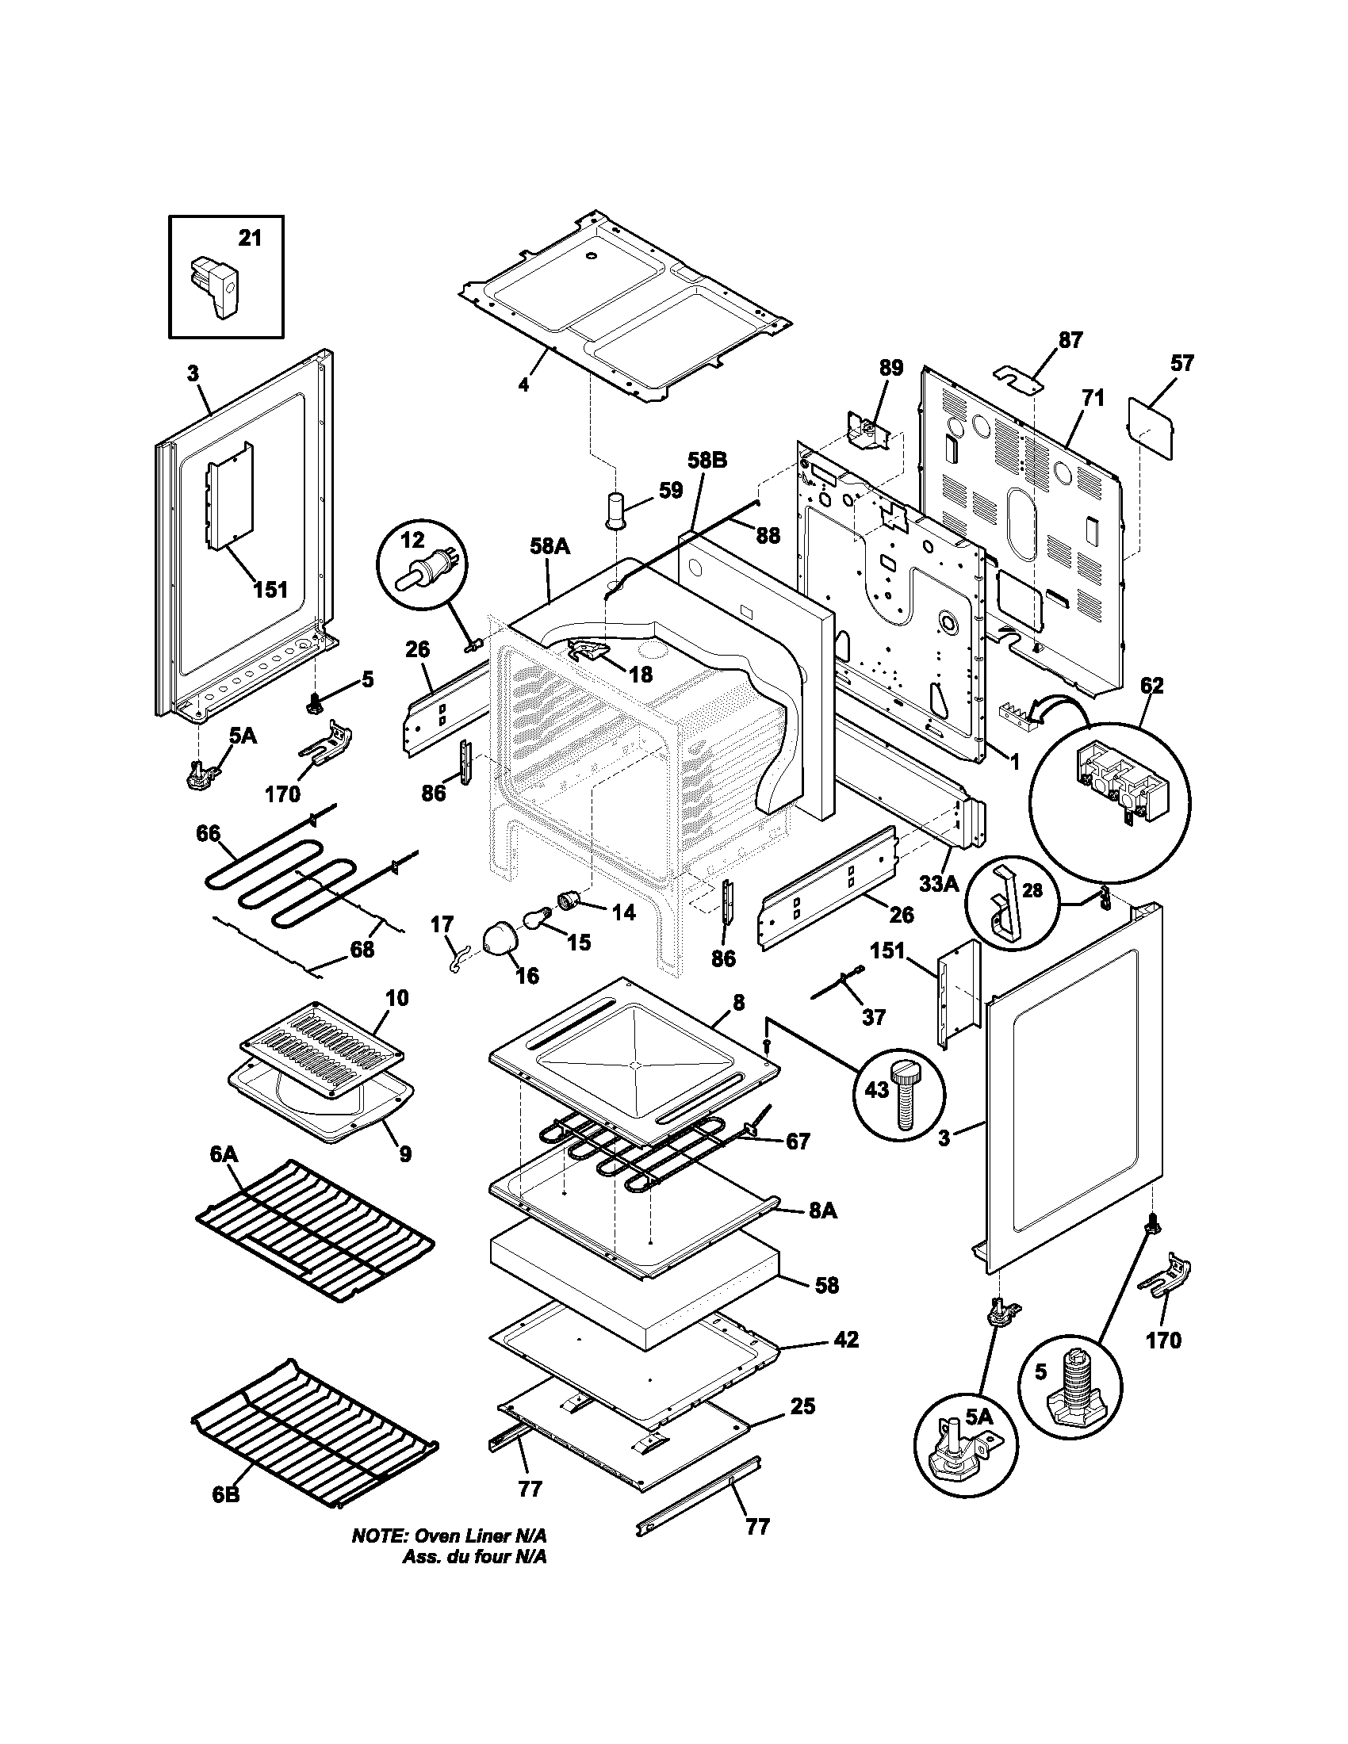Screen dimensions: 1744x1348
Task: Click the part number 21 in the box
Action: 250,238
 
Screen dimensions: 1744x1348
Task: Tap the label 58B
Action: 707,461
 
